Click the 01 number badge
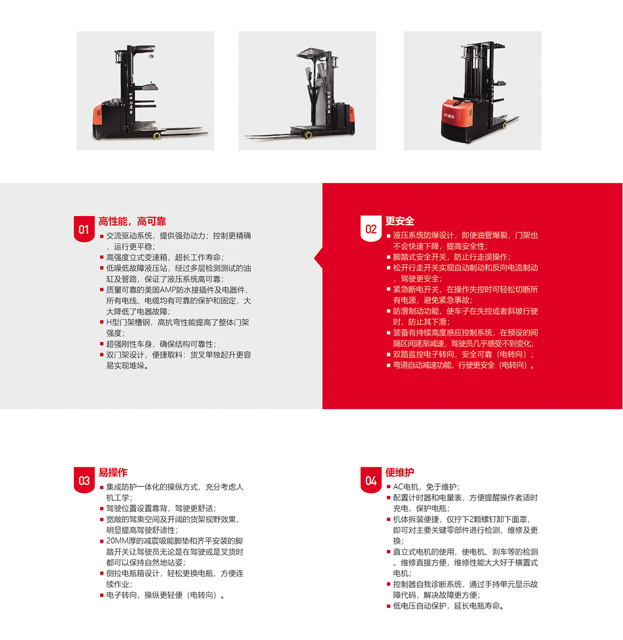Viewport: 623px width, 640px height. coord(84,229)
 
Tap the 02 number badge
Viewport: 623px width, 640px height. coord(371,228)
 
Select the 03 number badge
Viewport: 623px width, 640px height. coord(84,480)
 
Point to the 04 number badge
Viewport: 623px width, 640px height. coord(371,480)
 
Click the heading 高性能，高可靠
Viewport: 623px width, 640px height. coord(132,221)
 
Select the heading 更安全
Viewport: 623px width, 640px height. coord(400,221)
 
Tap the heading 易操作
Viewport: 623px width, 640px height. coord(113,472)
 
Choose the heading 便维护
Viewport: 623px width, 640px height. coord(400,472)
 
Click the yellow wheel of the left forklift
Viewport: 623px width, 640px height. coord(157,135)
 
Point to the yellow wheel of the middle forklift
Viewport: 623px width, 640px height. coord(308,134)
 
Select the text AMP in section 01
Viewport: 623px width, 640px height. coord(168,290)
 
